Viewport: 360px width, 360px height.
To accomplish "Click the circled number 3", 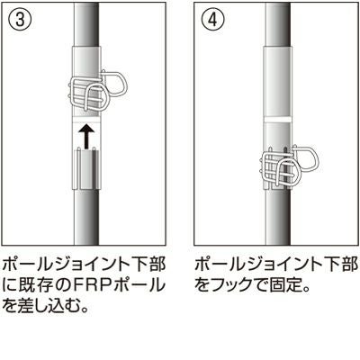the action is (x=19, y=20).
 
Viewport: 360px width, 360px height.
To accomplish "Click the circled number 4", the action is (x=212, y=20).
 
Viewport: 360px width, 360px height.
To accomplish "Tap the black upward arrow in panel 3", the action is (x=86, y=138).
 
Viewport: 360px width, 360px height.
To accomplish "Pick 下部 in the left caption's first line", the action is (x=148, y=265).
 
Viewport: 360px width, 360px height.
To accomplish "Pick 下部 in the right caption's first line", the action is (x=340, y=265).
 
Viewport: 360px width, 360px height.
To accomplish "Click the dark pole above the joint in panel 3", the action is (x=86, y=25).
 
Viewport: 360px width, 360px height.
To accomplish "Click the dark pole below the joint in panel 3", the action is (x=86, y=217).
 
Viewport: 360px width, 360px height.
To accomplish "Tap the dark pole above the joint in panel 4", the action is (x=278, y=25).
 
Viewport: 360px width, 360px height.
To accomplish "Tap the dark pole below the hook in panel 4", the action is (x=278, y=217).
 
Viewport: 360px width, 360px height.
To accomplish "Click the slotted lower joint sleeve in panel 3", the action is (x=86, y=169).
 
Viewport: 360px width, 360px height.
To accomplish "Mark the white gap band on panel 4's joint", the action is (x=277, y=120).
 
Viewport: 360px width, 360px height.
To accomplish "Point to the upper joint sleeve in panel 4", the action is (x=277, y=82).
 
